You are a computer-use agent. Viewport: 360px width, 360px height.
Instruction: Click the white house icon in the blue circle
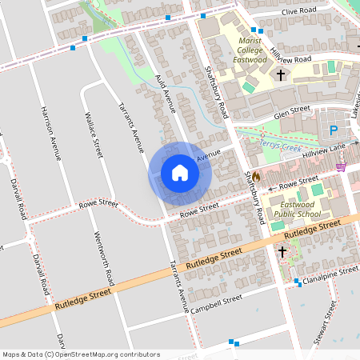click(x=180, y=173)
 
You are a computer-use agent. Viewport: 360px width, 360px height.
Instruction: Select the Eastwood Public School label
click(x=297, y=210)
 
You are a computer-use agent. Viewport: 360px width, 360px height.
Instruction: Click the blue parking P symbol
click(x=334, y=130)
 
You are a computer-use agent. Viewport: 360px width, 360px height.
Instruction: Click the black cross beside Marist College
click(x=281, y=75)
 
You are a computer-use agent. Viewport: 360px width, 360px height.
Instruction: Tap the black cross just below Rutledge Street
click(x=282, y=251)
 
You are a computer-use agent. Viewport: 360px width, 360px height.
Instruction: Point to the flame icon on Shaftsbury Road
click(x=256, y=177)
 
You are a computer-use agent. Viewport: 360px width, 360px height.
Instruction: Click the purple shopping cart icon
click(x=341, y=167)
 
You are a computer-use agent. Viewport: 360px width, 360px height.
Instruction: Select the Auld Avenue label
click(x=165, y=100)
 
